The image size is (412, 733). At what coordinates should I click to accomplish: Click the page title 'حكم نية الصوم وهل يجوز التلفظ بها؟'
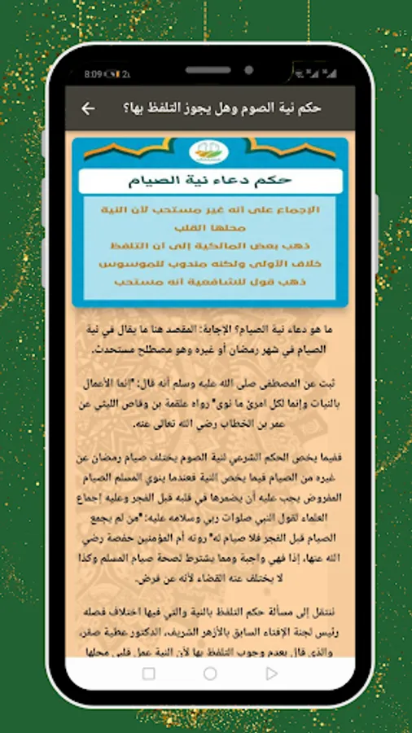point(221,108)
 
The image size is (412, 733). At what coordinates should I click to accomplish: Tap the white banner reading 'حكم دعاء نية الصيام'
point(210,181)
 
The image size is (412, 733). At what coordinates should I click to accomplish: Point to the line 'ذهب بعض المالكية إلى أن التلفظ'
point(211,247)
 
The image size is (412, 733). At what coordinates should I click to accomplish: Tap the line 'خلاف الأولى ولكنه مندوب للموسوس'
point(211,266)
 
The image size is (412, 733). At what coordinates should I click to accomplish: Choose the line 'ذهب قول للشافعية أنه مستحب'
point(211,284)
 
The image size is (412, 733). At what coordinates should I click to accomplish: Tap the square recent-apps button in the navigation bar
point(148,674)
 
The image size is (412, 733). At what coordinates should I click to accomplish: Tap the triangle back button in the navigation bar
point(272,674)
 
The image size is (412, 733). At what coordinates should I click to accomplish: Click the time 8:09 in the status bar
point(92,74)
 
